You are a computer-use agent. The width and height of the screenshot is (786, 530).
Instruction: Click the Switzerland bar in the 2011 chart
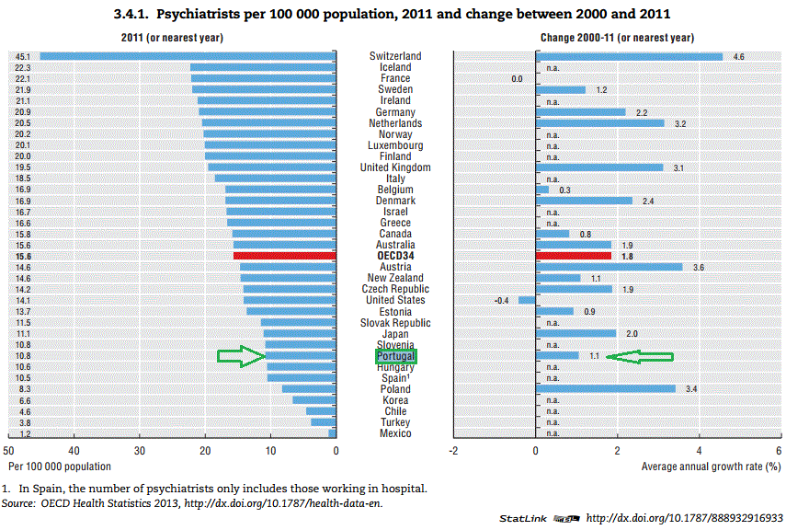(188, 56)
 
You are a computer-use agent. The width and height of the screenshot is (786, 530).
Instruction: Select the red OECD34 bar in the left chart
(285, 256)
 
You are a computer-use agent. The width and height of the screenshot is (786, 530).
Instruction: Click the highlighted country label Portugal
(395, 356)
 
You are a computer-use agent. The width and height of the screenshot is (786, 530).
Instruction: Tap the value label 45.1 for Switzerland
(21, 56)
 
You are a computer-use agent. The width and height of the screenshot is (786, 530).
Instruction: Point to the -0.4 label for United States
(502, 300)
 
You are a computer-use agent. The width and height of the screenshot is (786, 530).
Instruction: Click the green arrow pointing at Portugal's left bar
(241, 356)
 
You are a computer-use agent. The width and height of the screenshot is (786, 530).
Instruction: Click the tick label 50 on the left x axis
(8, 451)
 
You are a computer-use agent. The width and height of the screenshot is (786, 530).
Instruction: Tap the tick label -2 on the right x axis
(453, 451)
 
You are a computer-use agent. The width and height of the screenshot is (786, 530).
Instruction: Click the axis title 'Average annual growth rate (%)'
(711, 467)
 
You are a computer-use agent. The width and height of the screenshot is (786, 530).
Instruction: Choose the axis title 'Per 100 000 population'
(57, 467)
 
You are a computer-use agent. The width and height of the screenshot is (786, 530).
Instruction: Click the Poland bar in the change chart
(606, 389)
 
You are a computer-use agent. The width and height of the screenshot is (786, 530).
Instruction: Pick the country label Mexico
(395, 433)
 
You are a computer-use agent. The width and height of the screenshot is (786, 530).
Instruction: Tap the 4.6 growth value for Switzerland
(738, 56)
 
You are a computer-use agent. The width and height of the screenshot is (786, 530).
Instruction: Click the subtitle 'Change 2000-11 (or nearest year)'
(617, 38)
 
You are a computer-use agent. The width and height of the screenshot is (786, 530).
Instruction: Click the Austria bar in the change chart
(609, 267)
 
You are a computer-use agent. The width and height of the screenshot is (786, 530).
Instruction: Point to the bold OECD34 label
(395, 256)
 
